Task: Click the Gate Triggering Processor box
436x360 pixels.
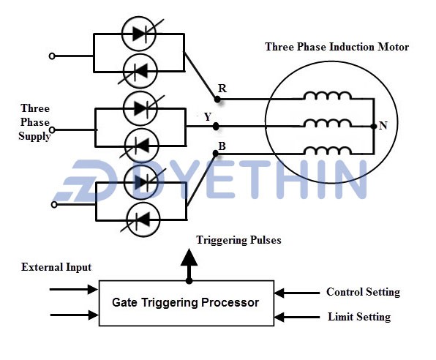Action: pyautogui.click(x=186, y=302)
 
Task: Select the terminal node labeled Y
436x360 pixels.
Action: pyautogui.click(x=215, y=126)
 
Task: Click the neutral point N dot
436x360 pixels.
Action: pyautogui.click(x=374, y=126)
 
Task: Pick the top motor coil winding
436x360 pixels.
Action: pyautogui.click(x=327, y=97)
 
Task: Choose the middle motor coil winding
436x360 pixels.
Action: pyautogui.click(x=327, y=124)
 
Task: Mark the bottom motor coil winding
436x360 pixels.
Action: pyautogui.click(x=327, y=151)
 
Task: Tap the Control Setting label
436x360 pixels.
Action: pyautogui.click(x=363, y=292)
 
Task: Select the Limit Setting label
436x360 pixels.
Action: pyautogui.click(x=358, y=317)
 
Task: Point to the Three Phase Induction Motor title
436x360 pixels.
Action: pyautogui.click(x=337, y=47)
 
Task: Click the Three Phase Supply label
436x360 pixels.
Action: pyautogui.click(x=35, y=121)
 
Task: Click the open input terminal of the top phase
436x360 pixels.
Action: pyautogui.click(x=51, y=56)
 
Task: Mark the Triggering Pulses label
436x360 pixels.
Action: pyautogui.click(x=238, y=240)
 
